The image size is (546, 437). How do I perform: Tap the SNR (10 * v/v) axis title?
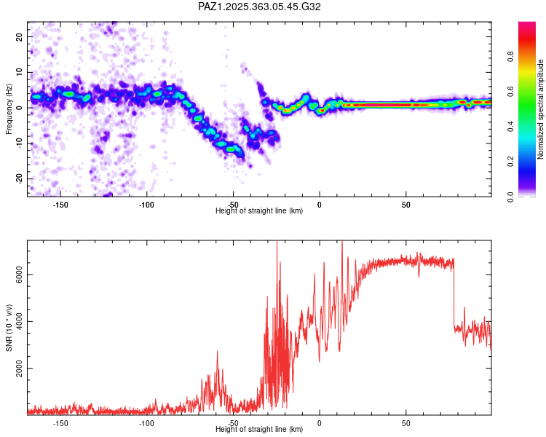tap(9, 328)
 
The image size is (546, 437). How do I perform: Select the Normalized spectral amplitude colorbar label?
tap(540, 109)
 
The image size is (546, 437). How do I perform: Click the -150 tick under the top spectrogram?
tap(60, 205)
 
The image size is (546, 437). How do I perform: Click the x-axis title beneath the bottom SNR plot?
tap(259, 430)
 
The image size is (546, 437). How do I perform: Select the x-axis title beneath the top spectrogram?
tap(259, 211)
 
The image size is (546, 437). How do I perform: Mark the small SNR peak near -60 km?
tap(217, 353)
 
